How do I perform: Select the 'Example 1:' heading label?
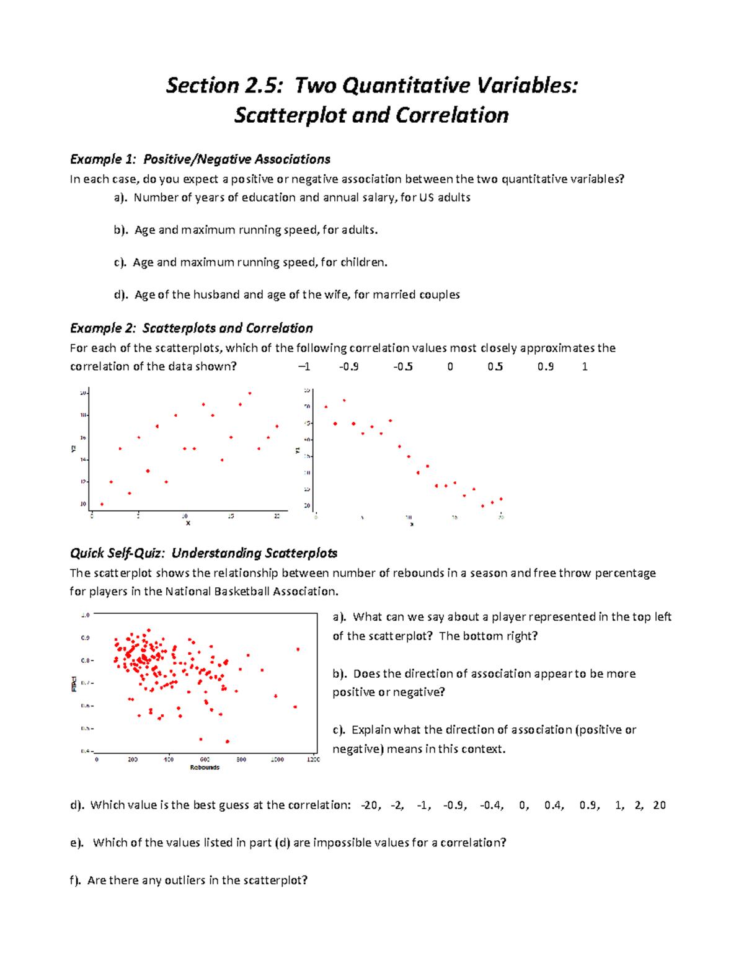(x=103, y=159)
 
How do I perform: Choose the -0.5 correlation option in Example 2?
(x=403, y=366)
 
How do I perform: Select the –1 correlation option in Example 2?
(x=304, y=366)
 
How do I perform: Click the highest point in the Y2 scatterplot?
(x=250, y=393)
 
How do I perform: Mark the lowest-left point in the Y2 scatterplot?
(x=102, y=504)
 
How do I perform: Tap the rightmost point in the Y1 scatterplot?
(x=501, y=499)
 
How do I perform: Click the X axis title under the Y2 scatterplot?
(x=188, y=523)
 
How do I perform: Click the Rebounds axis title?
(x=205, y=768)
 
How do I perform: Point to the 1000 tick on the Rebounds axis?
(x=277, y=760)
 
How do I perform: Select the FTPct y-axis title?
(x=74, y=683)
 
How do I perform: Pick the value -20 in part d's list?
(x=371, y=805)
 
